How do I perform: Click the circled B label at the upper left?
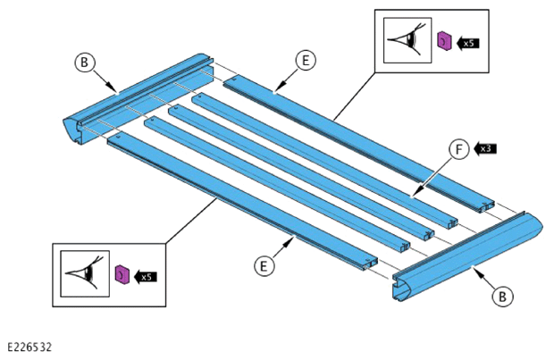tap(85, 63)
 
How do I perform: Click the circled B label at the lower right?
tap(502, 296)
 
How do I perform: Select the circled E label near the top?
tap(306, 61)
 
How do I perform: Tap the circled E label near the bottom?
tap(264, 265)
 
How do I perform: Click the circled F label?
tap(459, 149)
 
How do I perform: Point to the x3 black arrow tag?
tap(484, 148)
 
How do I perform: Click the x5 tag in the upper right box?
tap(467, 43)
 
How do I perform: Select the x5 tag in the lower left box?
tap(146, 277)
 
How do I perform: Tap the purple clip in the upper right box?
tap(444, 41)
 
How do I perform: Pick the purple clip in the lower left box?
tap(122, 274)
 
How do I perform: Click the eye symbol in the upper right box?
tap(407, 39)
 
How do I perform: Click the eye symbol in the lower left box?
tap(85, 272)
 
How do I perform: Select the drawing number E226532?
tap(29, 347)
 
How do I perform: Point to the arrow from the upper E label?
tap(285, 81)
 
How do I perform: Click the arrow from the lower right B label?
tap(483, 278)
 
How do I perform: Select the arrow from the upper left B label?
tap(105, 81)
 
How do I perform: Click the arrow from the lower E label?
tap(283, 247)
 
